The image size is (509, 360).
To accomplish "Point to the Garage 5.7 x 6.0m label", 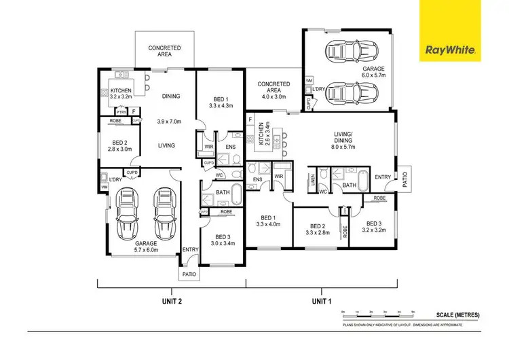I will coord(146,247).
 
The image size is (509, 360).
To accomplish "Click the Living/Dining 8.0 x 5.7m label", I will coord(345,139).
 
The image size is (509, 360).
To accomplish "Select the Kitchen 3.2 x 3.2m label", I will coord(121,93).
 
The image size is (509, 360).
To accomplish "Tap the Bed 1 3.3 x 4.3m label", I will coord(221,101).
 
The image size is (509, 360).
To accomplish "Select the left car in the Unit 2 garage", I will coord(126,213).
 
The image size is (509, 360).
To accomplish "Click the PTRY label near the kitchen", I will coord(121,112).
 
